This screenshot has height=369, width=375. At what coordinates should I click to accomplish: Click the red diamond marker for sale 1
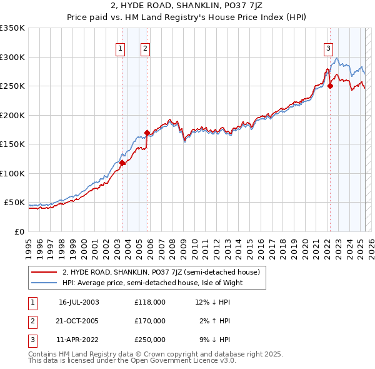(x=122, y=163)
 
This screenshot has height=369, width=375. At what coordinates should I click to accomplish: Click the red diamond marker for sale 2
(x=147, y=133)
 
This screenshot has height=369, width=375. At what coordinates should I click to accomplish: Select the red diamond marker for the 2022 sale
(x=330, y=86)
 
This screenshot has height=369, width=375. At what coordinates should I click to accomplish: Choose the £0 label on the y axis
(x=20, y=231)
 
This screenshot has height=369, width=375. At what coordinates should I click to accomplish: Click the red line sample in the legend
(x=44, y=271)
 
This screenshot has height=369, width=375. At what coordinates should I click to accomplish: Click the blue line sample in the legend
(x=44, y=282)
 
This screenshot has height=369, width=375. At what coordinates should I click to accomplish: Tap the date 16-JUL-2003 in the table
(x=79, y=302)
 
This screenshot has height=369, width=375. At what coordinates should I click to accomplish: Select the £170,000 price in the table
(x=150, y=321)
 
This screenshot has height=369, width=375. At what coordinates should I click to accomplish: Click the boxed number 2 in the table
(x=32, y=321)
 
